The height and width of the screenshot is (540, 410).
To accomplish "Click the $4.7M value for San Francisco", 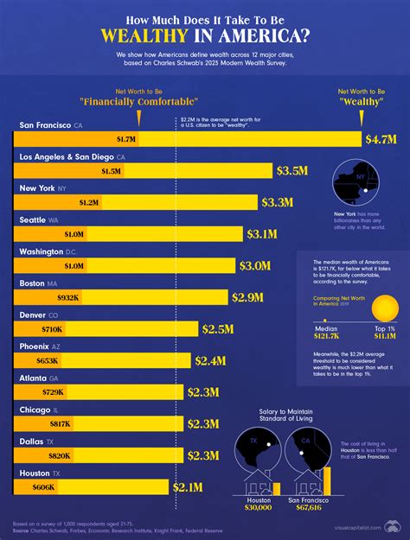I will click(x=381, y=138).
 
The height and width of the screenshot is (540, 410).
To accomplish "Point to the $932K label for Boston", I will click(x=67, y=297).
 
